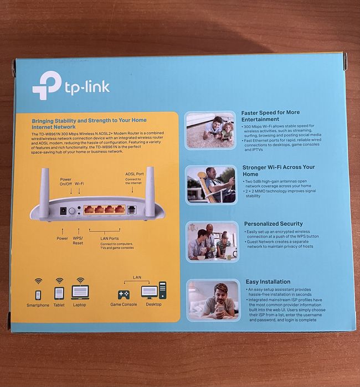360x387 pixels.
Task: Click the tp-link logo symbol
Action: pos(47,85)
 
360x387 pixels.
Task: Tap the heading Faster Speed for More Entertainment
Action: pos(270,116)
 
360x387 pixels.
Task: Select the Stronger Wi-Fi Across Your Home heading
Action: pos(279,171)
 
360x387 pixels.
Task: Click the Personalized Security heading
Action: pos(274,224)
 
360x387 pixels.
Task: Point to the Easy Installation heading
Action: pos(268,282)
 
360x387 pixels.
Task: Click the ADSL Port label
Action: pos(135,174)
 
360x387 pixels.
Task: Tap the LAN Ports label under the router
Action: pos(109,239)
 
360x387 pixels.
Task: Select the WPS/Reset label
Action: pos(78,241)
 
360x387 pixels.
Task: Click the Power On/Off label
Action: pos(66,182)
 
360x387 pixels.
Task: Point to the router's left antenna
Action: pos(44,193)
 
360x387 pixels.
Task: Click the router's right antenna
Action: pos(150,191)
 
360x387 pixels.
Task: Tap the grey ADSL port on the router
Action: pos(132,210)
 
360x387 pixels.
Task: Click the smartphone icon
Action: pos(38,295)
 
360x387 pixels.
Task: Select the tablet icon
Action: pos(59,293)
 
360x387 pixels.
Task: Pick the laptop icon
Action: pos(80,292)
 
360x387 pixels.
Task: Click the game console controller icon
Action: pos(124,295)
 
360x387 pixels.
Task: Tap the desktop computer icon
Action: pos(153,291)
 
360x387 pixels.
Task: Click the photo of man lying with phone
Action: pos(213,301)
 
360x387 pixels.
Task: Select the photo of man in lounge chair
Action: pos(211,184)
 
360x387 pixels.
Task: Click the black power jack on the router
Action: pos(63,211)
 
